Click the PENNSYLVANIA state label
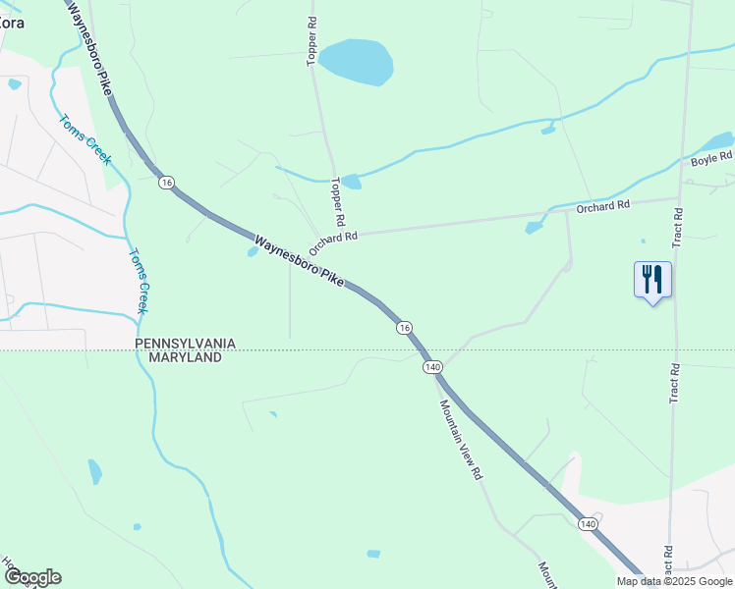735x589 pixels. pos(185,343)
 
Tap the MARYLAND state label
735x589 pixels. pos(185,357)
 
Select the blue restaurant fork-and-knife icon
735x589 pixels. pos(652,280)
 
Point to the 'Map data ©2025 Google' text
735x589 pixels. pos(674,581)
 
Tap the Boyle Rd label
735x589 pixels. pos(711,158)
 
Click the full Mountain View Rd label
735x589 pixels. pos(461,439)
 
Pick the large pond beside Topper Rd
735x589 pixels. pos(356,62)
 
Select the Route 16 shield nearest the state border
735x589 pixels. pos(404,327)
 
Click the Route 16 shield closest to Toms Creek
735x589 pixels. pos(166,182)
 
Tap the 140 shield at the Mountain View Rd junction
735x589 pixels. pos(432,366)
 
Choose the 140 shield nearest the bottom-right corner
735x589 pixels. pos(588,524)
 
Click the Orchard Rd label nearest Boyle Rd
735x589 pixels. pos(602,206)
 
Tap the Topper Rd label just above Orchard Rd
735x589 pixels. pos(339,198)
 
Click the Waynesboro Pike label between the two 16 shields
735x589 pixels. pos(300,260)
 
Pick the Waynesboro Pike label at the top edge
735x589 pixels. pos(89,44)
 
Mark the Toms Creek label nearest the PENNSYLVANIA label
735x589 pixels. pos(137,280)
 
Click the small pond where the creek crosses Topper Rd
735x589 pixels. pos(351,182)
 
